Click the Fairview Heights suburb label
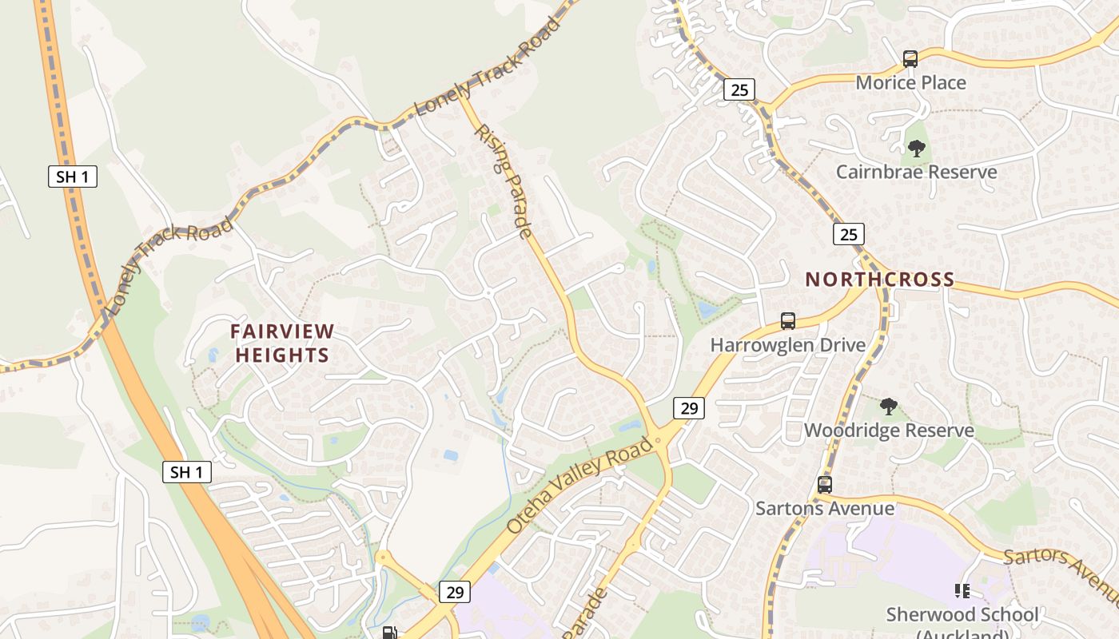tap(282, 343)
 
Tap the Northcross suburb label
tap(879, 280)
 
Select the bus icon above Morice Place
tap(910, 58)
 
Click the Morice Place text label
tap(910, 82)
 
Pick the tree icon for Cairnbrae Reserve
tap(916, 148)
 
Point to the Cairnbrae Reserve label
tap(916, 172)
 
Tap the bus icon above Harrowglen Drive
tap(787, 321)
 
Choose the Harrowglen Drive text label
tap(787, 345)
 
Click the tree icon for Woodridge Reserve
tap(888, 407)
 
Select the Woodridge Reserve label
tap(889, 431)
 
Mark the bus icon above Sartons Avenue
tap(824, 484)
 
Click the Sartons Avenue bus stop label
tap(825, 508)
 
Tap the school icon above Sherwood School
tap(962, 591)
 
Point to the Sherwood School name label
tap(962, 615)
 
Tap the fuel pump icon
tap(389, 633)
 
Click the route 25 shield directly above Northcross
tap(848, 234)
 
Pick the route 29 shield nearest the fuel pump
tap(454, 592)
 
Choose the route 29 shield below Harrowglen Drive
tap(688, 408)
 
